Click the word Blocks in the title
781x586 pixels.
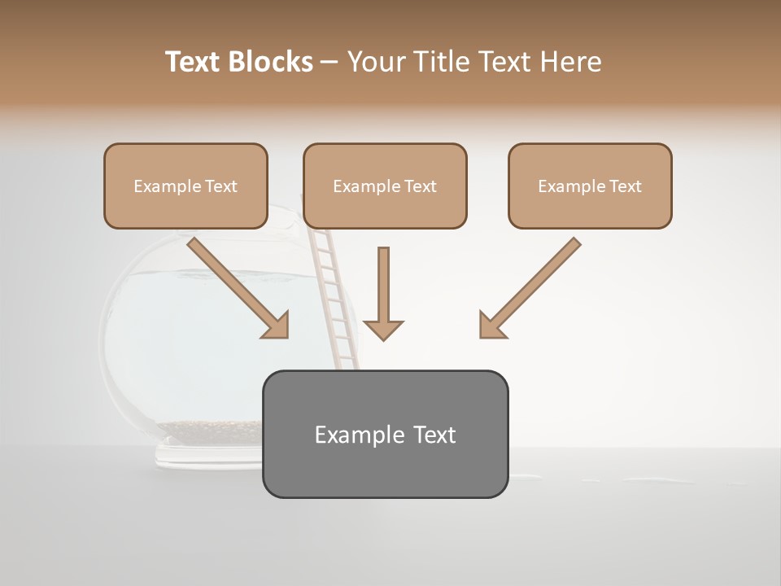271,62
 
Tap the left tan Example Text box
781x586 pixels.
185,186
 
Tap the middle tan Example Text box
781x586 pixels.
385,186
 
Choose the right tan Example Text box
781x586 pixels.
590,186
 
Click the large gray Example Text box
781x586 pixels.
385,434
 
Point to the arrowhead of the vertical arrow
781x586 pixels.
383,330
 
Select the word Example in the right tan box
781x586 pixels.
567,186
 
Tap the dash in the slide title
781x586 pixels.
329,63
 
